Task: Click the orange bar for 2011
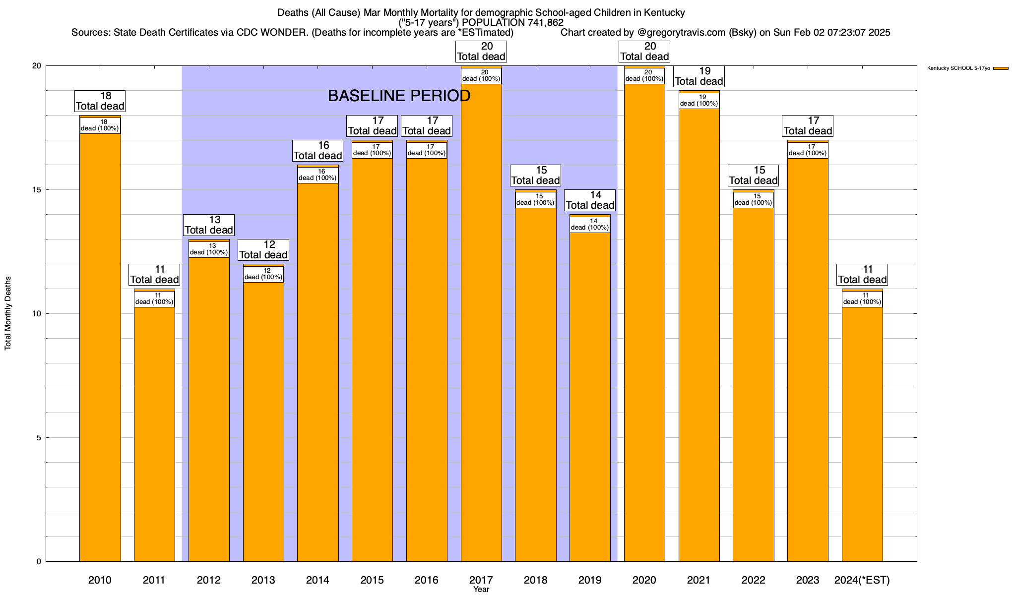(154, 431)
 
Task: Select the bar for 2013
(263, 421)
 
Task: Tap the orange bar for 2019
(590, 397)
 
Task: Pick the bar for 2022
(753, 387)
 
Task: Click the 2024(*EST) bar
(862, 431)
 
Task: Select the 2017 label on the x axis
(481, 580)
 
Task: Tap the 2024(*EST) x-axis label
(862, 580)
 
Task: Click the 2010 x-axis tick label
(100, 580)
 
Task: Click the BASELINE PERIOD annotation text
(399, 96)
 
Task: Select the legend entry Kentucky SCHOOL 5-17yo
(958, 68)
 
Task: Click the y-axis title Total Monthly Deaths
(8, 313)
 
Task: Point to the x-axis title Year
(481, 590)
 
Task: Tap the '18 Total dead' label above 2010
(100, 101)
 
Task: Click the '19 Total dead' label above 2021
(699, 76)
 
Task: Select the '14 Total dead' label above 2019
(590, 200)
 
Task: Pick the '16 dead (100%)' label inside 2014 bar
(317, 175)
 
